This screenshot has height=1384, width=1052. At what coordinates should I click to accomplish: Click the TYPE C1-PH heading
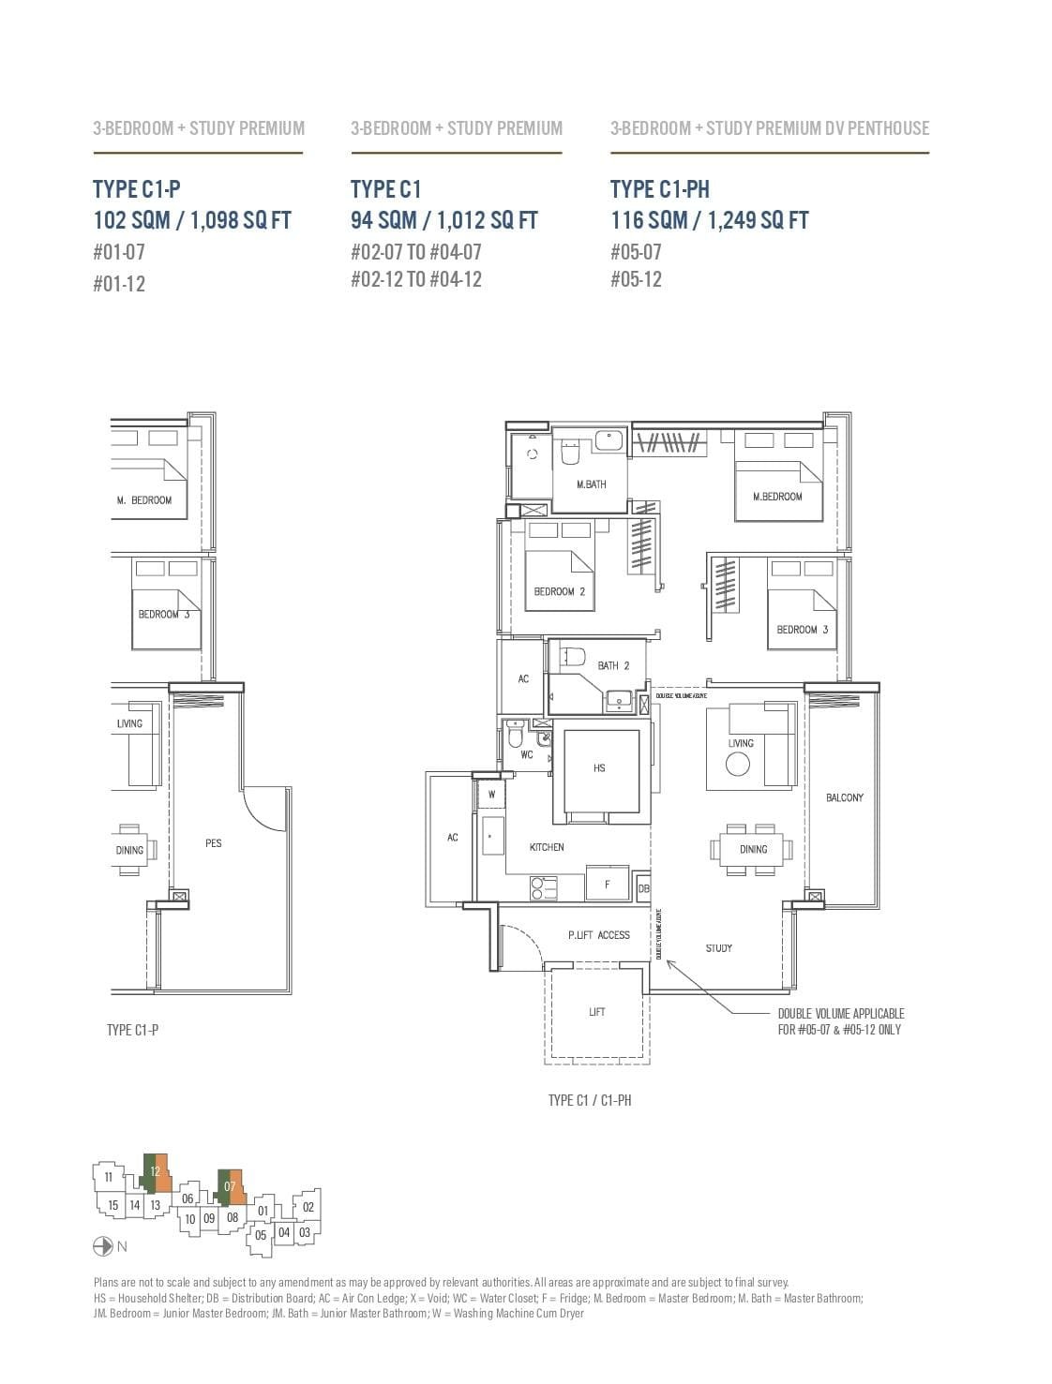659,189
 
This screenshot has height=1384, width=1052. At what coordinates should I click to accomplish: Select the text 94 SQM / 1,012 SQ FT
443,220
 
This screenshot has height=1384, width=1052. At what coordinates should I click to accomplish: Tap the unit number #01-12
119,284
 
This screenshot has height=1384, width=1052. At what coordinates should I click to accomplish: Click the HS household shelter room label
599,768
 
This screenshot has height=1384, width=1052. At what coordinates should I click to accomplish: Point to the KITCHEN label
547,847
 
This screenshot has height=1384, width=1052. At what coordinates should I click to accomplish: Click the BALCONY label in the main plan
844,797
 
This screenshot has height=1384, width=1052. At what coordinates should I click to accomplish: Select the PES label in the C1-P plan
214,843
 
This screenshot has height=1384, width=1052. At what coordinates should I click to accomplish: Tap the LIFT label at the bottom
597,1012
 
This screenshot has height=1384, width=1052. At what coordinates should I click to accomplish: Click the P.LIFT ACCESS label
599,935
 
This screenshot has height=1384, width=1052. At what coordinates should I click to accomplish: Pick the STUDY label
719,948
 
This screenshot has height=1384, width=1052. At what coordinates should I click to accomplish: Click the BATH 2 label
613,666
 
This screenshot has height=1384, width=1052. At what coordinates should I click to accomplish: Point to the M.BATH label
591,484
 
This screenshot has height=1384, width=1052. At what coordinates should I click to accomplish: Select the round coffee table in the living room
738,765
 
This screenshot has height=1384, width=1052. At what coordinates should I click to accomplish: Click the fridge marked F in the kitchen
608,884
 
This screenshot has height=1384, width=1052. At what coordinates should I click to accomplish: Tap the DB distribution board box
643,888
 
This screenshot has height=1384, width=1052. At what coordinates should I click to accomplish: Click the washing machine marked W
491,795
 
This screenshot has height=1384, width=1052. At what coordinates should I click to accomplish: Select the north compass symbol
103,1246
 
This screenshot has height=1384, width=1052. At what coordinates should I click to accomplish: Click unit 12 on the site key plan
156,1170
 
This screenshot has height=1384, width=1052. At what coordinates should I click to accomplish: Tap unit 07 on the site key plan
231,1186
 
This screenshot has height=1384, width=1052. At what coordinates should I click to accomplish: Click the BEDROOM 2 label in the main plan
559,591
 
